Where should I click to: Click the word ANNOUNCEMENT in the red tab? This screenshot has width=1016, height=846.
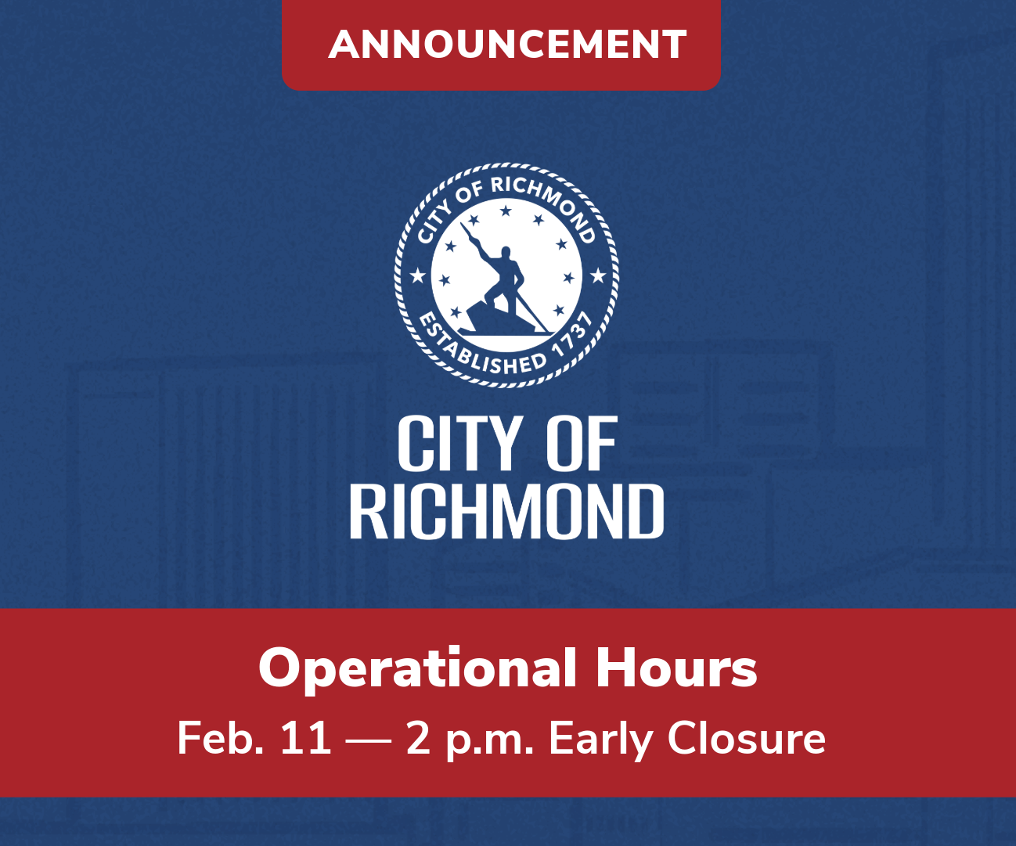(x=507, y=45)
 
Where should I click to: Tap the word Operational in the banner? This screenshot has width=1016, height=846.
(x=417, y=669)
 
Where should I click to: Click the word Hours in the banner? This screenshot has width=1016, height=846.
(x=676, y=669)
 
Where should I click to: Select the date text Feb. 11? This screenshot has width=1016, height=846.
(x=254, y=738)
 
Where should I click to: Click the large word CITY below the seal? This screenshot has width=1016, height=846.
(x=459, y=445)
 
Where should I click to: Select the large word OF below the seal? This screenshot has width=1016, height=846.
(x=582, y=445)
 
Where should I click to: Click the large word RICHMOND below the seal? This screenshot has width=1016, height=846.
(x=506, y=512)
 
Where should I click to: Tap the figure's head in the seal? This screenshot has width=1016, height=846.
(x=506, y=254)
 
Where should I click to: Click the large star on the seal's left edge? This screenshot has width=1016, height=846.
(x=418, y=275)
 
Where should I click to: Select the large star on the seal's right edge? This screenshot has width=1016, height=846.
(x=598, y=275)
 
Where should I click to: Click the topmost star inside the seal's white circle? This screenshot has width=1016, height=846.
(x=506, y=211)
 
